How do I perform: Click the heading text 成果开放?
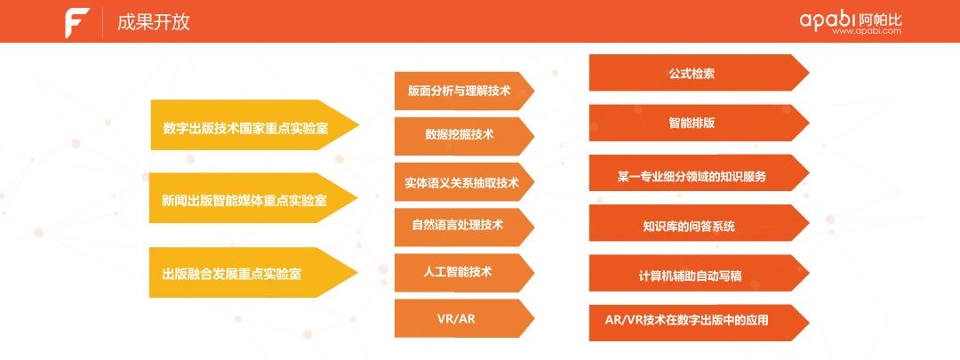153,22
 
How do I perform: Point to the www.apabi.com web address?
867,31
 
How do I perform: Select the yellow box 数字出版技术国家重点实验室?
246,127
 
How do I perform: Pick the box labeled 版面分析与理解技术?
459,91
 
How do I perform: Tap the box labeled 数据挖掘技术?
459,136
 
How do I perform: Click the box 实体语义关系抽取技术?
459,181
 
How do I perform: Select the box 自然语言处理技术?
459,227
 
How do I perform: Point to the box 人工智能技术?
459,271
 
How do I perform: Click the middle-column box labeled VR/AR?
459,317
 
